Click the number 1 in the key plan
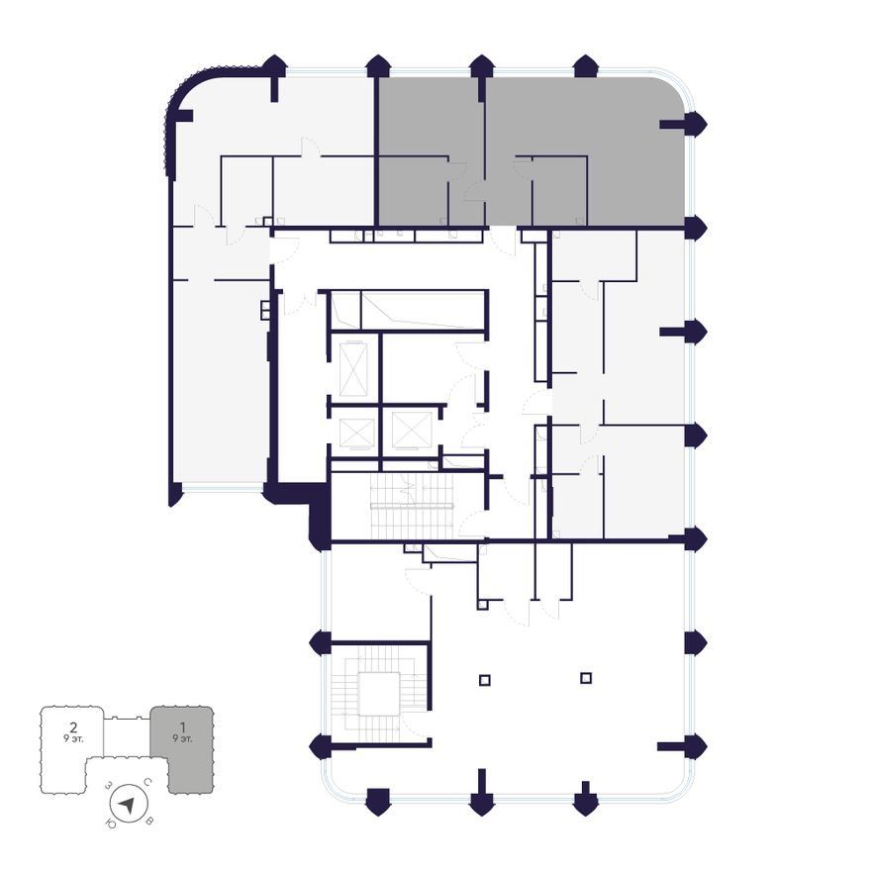tap(182, 727)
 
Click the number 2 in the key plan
tap(73, 727)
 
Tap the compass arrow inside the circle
tap(128, 804)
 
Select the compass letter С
tap(147, 782)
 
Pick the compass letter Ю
tap(110, 823)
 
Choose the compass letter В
tap(148, 821)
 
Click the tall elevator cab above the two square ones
tap(353, 369)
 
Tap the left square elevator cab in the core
tap(356, 433)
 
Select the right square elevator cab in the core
tap(412, 430)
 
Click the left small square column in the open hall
tap(484, 680)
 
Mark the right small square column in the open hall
tap(586, 678)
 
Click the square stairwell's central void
tap(379, 693)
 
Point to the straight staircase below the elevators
tap(412, 506)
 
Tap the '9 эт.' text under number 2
tap(73, 738)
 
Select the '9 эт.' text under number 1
tap(182, 738)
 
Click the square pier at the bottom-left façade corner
tap(378, 801)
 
